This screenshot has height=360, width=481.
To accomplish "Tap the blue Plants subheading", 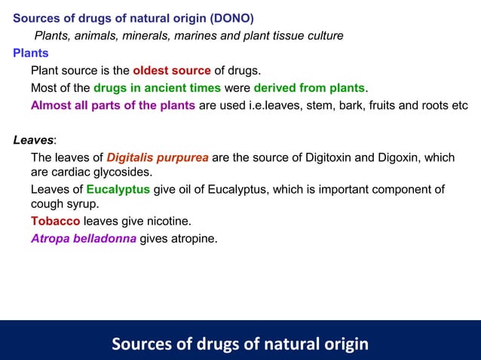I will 31,53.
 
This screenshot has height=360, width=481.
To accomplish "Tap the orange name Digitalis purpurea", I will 158,157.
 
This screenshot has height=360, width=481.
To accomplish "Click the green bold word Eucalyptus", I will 118,189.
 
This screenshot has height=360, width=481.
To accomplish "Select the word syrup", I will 82,203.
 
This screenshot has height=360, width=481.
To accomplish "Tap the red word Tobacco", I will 55,221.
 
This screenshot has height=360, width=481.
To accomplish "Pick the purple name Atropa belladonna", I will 84,239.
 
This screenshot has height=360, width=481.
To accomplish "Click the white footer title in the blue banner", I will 240,344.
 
